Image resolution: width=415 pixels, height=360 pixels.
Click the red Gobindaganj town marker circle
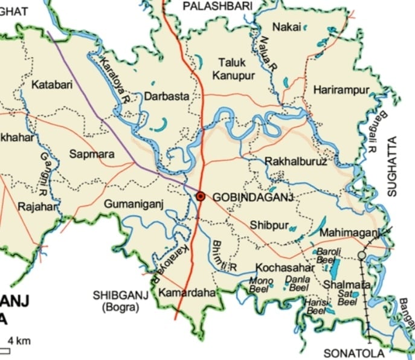[x=201, y=196]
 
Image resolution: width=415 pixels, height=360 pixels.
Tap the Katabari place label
[x=53, y=85]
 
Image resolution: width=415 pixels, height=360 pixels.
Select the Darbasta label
[x=166, y=96]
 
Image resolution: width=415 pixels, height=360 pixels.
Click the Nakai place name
[x=285, y=27]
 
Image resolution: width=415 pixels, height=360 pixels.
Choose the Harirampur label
[x=341, y=90]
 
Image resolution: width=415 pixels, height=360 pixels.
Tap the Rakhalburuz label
[x=296, y=161]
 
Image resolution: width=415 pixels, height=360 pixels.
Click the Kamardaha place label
[x=187, y=293]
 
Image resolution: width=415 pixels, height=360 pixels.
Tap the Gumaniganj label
[x=134, y=204]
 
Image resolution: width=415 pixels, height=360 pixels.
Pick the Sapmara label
[x=92, y=155]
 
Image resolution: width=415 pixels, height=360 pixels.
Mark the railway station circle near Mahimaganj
[x=361, y=256]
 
